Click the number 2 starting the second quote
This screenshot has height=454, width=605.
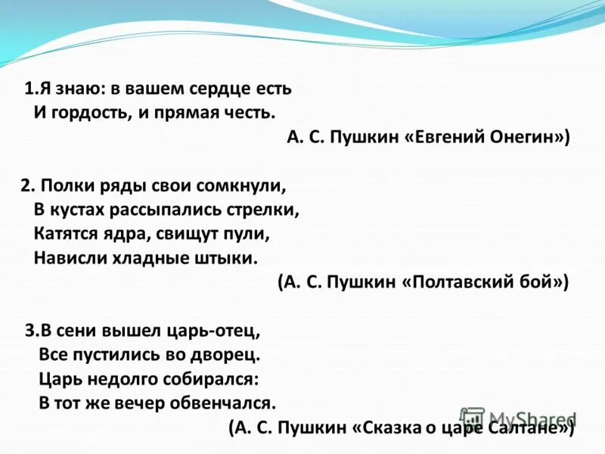point(25,185)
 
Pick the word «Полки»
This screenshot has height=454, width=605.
point(64,185)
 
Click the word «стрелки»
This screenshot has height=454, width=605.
point(266,210)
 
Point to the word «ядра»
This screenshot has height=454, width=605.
point(116,234)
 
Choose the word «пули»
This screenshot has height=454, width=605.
point(249,234)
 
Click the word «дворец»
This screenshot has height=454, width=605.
point(229,354)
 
